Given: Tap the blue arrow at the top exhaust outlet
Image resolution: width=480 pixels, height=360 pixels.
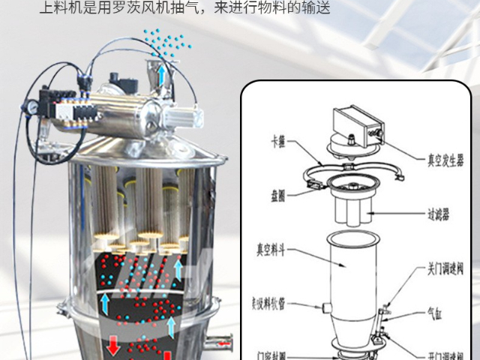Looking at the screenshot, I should click(x=161, y=73).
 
